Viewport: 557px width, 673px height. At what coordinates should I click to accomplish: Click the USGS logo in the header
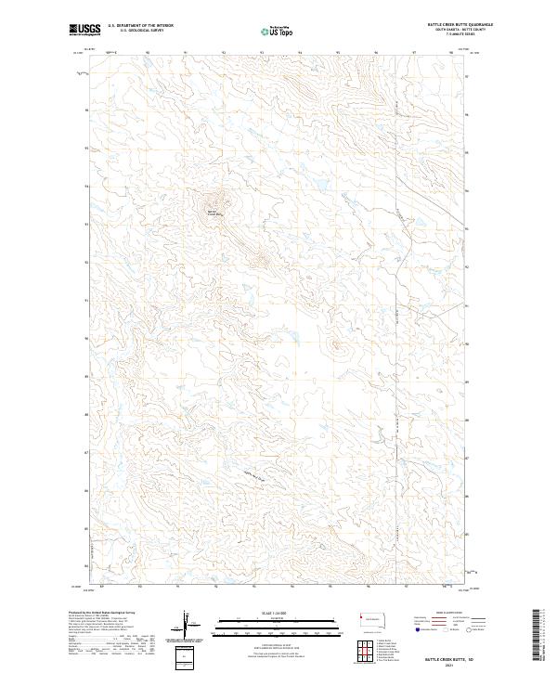(84, 29)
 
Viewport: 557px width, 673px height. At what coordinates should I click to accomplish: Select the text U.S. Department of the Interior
(140, 25)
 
